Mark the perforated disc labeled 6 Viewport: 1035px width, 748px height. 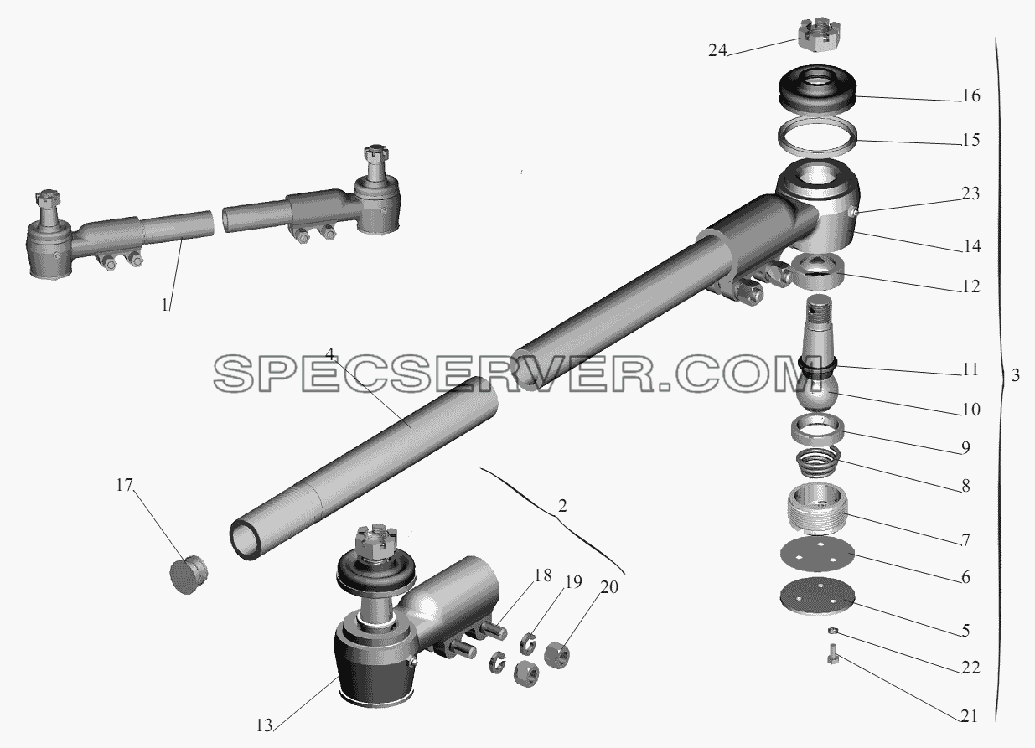tap(817, 556)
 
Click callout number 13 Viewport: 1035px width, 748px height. tap(264, 726)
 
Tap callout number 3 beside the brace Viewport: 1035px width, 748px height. tap(1015, 375)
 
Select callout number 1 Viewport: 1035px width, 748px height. tap(165, 306)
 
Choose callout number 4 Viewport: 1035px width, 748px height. tap(330, 354)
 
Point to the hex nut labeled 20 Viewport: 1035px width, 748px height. tap(556, 655)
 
